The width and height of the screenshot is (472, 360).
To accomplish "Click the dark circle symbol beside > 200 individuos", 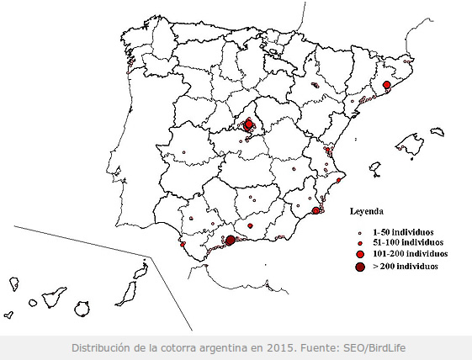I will tap(360, 267).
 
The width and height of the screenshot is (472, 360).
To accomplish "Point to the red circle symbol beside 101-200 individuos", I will tap(360, 253).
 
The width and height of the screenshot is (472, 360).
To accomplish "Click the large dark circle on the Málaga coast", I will tap(230, 241).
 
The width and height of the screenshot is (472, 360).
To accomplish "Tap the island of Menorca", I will tap(437, 132).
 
